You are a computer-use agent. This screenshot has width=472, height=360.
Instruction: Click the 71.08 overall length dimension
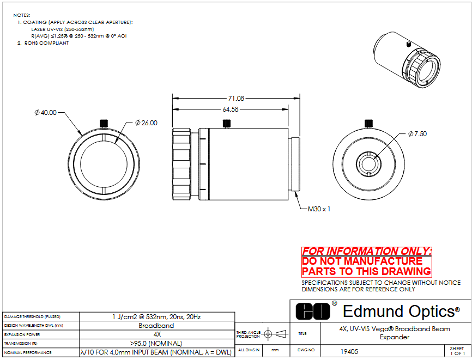(x=236, y=99)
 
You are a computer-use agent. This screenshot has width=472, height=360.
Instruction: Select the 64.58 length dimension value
(x=231, y=109)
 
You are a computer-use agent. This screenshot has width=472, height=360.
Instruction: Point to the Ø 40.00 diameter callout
(x=45, y=113)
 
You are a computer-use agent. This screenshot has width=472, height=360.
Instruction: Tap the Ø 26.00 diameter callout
(x=146, y=123)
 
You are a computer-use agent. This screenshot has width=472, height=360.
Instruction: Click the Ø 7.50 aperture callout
(x=417, y=134)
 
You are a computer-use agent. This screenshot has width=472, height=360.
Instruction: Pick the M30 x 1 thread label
(x=319, y=209)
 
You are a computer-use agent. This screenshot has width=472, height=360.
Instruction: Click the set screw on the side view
(x=227, y=123)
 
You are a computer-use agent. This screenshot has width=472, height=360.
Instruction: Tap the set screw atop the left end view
(x=104, y=123)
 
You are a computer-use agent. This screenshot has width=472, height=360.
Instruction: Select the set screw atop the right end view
(x=369, y=123)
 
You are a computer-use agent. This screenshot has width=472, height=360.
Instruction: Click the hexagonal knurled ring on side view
(x=181, y=164)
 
